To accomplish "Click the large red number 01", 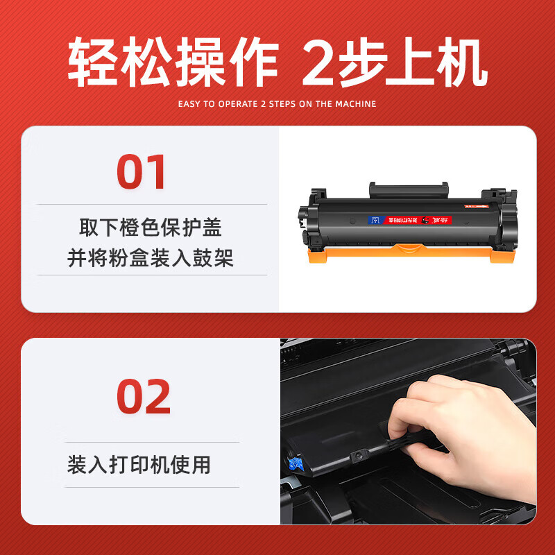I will coord(142,172).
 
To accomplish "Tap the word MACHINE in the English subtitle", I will coord(355,104).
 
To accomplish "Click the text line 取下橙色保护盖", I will coord(151,228).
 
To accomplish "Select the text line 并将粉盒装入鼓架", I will coord(151,259).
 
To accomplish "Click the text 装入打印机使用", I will coord(139,464).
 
